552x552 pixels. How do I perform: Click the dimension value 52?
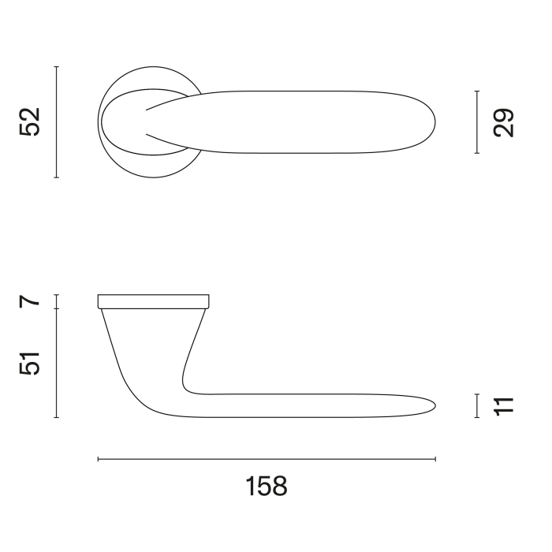tap(30, 121)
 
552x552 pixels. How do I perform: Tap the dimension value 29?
tap(503, 122)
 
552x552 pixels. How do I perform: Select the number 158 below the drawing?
tap(267, 487)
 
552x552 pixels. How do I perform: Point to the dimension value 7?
tap(30, 302)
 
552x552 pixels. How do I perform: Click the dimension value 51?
tap(30, 363)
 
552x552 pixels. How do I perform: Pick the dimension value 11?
tap(504, 407)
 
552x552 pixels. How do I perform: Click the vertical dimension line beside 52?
tap(56, 121)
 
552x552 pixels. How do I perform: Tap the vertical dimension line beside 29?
tap(477, 122)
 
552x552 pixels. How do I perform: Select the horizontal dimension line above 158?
tap(267, 459)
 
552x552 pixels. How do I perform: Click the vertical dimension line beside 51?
tap(56, 363)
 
